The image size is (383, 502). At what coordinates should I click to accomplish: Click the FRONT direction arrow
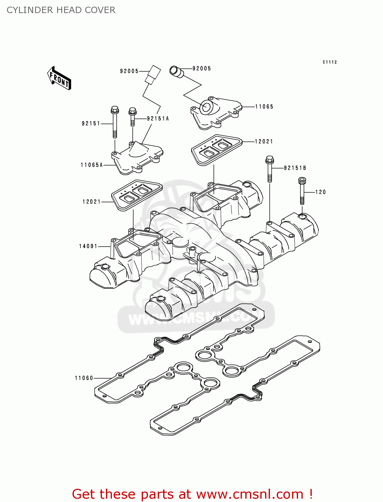pos(59,78)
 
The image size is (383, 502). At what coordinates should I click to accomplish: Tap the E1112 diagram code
pos(330,62)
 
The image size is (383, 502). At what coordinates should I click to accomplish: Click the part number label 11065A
pos(92,165)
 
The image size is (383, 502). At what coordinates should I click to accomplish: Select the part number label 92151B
pos(295,168)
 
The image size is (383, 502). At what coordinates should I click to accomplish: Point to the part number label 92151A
pos(158,118)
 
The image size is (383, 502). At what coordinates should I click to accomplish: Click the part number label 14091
pos(88,246)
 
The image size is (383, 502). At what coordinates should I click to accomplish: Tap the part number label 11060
pos(84,378)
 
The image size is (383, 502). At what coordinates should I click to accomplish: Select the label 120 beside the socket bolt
pos(320,192)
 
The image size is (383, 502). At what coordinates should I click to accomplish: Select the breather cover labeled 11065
pos(216,113)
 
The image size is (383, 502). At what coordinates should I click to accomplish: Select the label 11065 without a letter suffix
pos(264,107)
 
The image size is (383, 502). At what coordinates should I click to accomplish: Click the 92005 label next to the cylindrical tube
pos(202,69)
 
